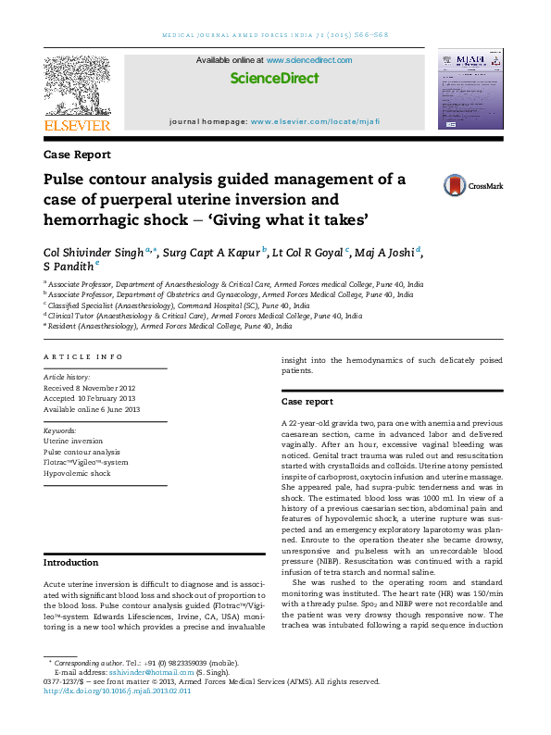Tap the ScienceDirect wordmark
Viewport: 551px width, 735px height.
click(x=273, y=79)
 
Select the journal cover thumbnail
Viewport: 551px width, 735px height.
click(x=470, y=91)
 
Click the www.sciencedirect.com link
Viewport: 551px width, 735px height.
click(x=309, y=60)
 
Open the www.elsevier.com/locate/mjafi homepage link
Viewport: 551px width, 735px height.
click(x=314, y=122)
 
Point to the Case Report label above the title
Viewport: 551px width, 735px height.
click(x=77, y=155)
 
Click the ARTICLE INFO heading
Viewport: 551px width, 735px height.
click(x=83, y=356)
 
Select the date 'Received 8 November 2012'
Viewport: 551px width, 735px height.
click(x=90, y=388)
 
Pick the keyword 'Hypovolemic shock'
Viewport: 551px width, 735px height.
click(x=77, y=473)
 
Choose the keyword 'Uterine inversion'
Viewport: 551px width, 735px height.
click(x=73, y=442)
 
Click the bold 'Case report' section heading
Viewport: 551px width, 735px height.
click(x=307, y=402)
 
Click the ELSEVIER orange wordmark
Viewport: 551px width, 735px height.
click(x=77, y=125)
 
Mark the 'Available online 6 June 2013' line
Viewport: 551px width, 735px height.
click(x=92, y=408)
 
